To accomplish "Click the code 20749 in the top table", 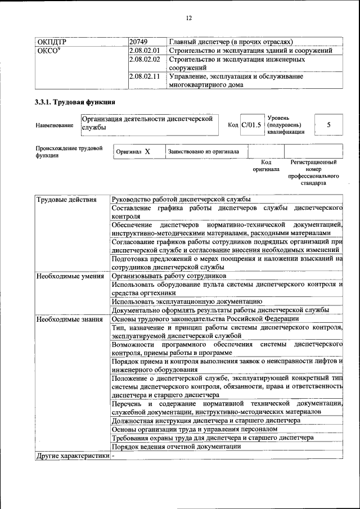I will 138,42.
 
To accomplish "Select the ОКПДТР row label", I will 51,42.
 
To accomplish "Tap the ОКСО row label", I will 48,51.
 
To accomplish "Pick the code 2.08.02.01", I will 145,51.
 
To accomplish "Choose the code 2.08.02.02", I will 145,59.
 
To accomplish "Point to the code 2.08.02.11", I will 145,76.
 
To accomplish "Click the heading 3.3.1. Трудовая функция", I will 75,102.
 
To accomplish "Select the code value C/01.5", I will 251,125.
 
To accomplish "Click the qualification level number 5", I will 328,125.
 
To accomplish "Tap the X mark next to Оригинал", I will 147,151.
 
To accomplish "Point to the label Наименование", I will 54,125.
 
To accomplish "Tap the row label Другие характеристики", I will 72,455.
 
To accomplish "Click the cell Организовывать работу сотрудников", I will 169,276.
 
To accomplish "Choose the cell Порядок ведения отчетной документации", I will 177,447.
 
